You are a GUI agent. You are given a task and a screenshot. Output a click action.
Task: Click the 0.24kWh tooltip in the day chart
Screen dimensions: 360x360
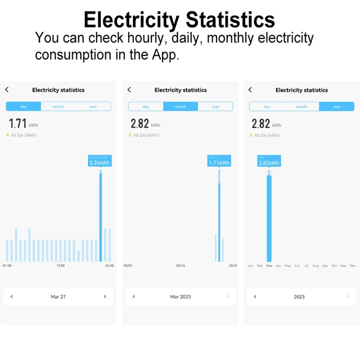point(99,161)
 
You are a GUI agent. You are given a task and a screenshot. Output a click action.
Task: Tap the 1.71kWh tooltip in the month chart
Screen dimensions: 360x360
point(219,161)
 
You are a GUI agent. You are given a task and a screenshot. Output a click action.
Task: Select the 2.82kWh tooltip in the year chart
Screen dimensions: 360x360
point(269,161)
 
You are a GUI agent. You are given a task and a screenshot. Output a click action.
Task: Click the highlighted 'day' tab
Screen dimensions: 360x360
point(23,107)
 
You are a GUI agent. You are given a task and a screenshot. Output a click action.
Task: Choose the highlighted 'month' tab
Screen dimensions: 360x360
point(180,107)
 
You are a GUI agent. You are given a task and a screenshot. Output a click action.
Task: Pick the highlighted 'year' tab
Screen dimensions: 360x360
point(337,107)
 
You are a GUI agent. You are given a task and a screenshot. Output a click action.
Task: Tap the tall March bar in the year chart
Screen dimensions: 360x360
point(269,218)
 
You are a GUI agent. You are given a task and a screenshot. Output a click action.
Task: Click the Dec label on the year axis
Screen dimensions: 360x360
point(353,266)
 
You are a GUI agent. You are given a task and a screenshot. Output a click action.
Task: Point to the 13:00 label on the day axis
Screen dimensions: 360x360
point(61,266)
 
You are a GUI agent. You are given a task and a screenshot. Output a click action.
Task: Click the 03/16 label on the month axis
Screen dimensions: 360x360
point(180,266)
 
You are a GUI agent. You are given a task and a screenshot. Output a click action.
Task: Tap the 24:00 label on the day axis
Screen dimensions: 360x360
point(109,266)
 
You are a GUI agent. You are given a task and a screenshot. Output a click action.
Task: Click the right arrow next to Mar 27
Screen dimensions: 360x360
point(105,297)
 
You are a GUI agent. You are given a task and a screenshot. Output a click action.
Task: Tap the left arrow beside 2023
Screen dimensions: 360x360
point(255,297)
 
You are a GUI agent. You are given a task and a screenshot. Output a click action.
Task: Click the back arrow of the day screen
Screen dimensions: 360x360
point(7,90)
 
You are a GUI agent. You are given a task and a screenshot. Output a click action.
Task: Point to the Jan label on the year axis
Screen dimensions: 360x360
point(251,266)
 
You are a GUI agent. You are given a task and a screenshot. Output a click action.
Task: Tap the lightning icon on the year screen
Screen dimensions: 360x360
point(251,135)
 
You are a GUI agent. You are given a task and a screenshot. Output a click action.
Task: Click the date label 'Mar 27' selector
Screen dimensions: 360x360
point(58,297)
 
